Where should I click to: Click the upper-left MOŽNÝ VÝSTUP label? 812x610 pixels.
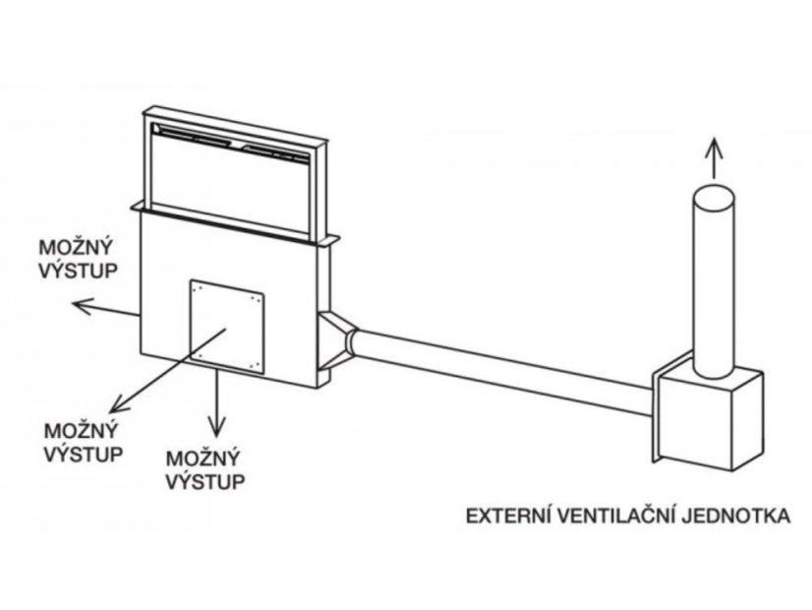77,255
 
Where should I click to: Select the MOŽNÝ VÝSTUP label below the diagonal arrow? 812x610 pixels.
85,443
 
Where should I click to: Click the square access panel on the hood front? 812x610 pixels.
228,324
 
